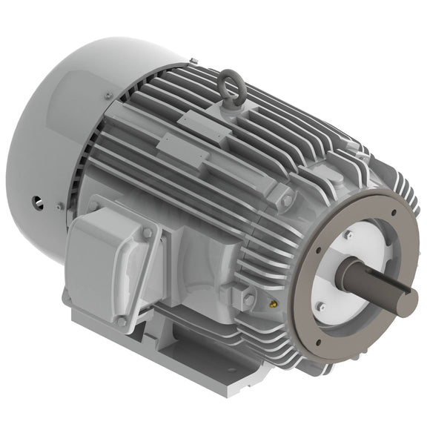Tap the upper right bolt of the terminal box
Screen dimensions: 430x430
(147, 234)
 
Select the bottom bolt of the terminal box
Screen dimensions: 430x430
(122, 322)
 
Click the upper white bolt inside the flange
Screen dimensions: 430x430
(347, 236)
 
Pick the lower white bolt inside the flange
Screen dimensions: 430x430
(320, 305)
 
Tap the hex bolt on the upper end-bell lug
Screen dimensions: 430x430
(287, 201)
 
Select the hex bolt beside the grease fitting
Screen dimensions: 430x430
(250, 298)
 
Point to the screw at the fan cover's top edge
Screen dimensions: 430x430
(109, 95)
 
